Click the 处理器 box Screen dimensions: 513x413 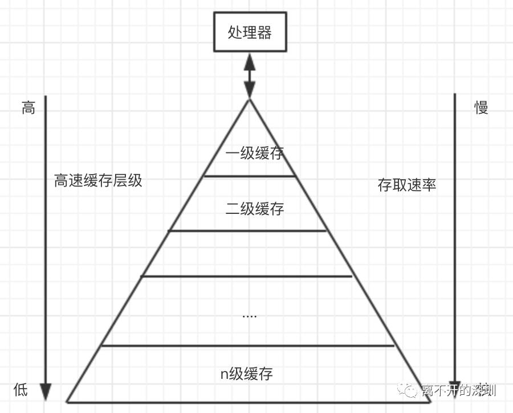coord(250,31)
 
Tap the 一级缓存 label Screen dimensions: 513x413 coord(254,153)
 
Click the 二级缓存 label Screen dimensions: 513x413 coord(255,209)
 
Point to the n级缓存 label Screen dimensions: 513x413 coord(246,374)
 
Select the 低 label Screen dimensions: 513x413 coord(21,390)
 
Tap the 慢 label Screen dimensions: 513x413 coord(482,108)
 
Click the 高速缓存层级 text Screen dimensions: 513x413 coord(98,181)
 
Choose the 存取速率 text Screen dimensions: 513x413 coord(407,185)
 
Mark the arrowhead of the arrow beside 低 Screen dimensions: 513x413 coord(46,392)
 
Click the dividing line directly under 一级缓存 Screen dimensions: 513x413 coord(250,176)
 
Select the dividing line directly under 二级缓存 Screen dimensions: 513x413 coord(247,230)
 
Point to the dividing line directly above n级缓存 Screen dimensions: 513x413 coord(247,345)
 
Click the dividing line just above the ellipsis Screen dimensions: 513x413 coord(246,276)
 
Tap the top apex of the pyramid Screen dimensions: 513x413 coord(250,101)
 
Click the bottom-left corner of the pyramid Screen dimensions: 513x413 coord(68,401)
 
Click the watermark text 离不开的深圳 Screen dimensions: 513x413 coord(459,391)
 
